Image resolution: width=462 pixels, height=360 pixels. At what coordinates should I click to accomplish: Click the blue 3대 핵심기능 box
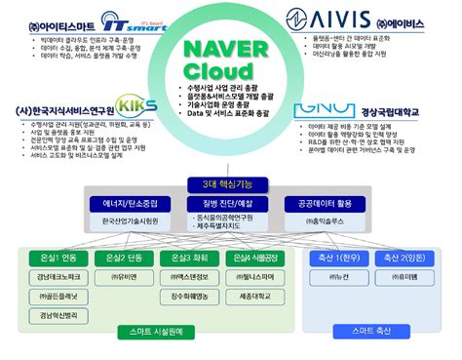(x=231, y=184)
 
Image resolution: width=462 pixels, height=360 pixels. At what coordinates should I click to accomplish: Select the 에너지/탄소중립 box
(x=136, y=204)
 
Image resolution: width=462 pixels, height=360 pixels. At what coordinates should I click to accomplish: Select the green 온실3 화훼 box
(x=195, y=257)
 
